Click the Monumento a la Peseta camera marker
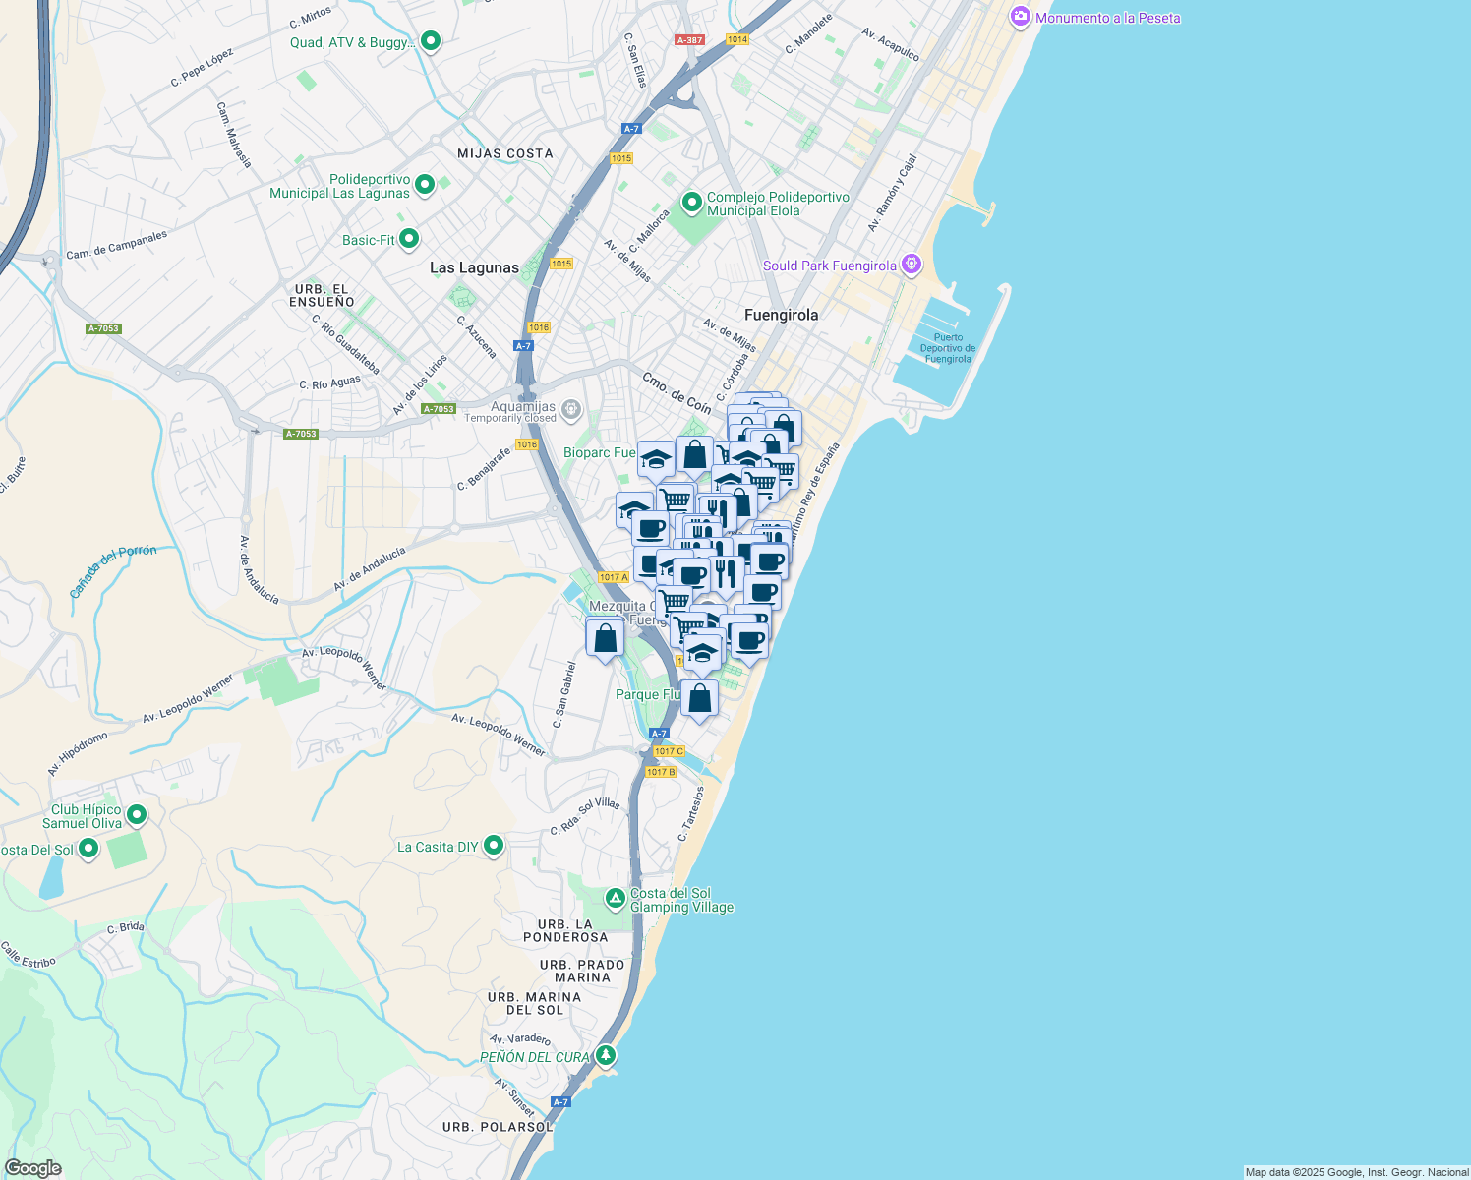pos(1020,17)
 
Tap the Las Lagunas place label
pos(474,267)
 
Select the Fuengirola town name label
pos(781,315)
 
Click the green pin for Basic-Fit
pos(409,239)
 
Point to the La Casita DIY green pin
pos(494,846)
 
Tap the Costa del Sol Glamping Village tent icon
pos(615,898)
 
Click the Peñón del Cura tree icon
pos(606,1056)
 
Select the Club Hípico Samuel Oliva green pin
pos(137,815)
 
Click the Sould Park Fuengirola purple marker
pos(912,265)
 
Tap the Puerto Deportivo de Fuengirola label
pos(948,348)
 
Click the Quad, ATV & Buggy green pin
pos(430,41)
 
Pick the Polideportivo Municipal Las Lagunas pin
pos(425,184)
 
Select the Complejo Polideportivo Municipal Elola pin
pos(691,203)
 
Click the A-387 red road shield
pos(689,40)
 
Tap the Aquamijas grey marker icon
pos(570,408)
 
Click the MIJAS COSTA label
pos(504,153)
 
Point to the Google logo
pos(32,1168)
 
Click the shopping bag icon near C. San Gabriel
pos(605,637)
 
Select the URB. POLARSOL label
pos(498,1127)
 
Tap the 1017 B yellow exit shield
pos(661,772)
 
